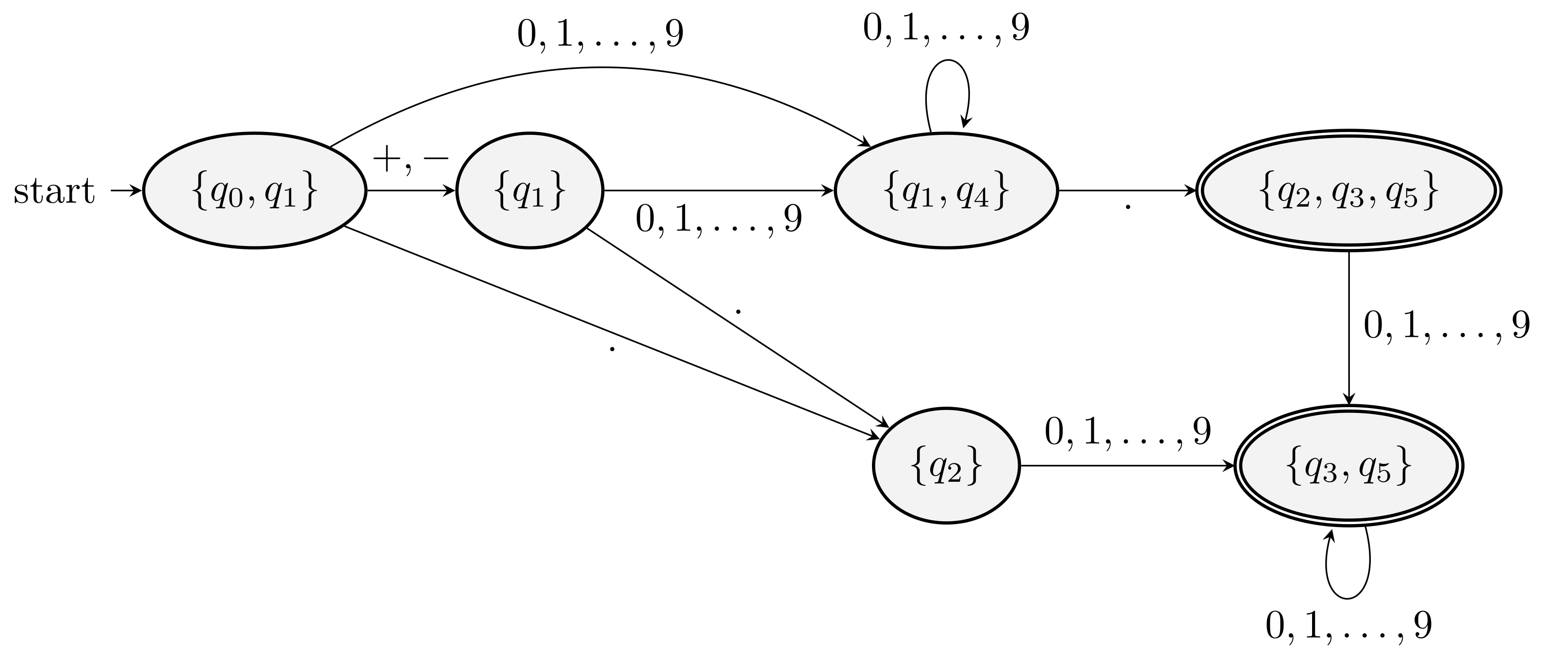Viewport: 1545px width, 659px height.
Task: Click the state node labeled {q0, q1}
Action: point(254,191)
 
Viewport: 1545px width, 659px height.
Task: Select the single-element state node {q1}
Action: point(529,191)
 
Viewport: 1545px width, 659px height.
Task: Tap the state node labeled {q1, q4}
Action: point(946,191)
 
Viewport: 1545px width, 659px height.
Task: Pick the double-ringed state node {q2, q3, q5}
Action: point(1348,191)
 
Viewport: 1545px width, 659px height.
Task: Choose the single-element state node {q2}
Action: point(946,465)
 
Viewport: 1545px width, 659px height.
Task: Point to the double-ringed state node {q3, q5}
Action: point(1348,465)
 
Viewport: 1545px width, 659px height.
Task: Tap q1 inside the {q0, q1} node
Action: point(280,193)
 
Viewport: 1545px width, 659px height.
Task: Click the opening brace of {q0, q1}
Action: point(199,191)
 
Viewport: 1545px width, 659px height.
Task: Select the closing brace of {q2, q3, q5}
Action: point(1430,191)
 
